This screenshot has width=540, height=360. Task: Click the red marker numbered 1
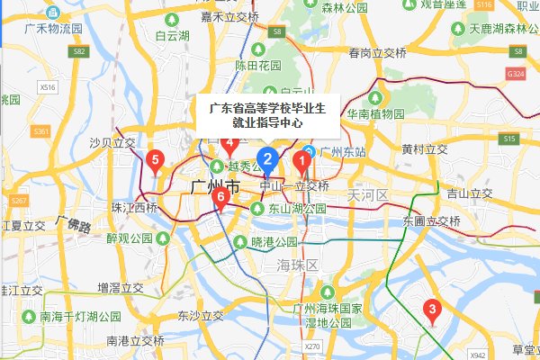click(302, 161)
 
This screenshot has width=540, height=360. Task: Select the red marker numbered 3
click(432, 312)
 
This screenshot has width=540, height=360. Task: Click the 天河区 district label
click(369, 195)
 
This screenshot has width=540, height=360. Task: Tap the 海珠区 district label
click(299, 265)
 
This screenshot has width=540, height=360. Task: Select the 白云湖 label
click(172, 36)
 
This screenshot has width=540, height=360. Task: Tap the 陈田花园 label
click(258, 65)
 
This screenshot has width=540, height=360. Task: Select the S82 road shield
click(79, 52)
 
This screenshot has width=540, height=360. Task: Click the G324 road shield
click(516, 71)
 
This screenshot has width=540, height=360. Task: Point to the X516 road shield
click(48, 87)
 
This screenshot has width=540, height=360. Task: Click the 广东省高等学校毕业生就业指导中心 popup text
click(267, 116)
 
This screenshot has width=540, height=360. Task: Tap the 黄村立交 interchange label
click(425, 148)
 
